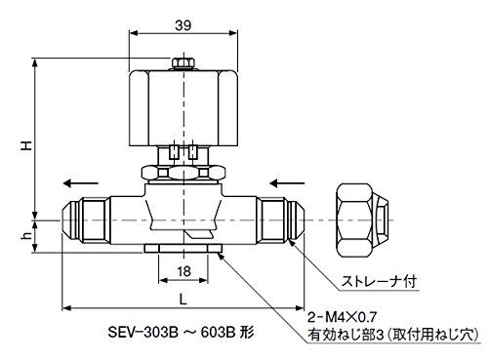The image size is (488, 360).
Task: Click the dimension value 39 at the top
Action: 183,25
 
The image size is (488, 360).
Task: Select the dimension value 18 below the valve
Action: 183,271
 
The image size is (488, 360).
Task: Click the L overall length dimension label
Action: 183,300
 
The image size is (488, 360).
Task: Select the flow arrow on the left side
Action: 80,183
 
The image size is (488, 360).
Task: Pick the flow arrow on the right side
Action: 287,183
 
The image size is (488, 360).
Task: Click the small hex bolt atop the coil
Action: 183,63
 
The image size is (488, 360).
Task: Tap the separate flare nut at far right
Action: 362,220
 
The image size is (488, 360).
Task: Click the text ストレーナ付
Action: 379,281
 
